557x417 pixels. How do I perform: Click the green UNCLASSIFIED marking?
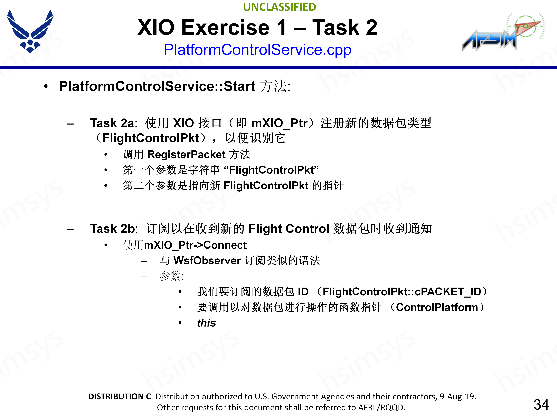click(280, 7)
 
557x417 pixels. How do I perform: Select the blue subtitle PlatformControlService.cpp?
click(257, 50)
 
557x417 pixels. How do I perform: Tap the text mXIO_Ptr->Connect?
click(195, 245)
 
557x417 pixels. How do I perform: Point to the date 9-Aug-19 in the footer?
click(457, 396)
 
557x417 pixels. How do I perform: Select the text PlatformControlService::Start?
click(157, 86)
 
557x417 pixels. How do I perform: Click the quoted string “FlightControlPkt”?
click(271, 170)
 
